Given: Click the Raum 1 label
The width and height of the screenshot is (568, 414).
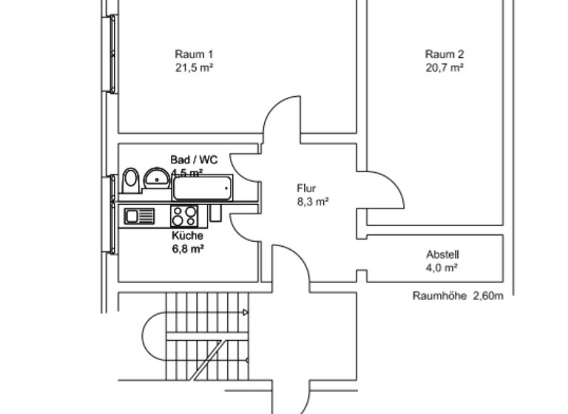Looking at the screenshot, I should pyautogui.click(x=194, y=54).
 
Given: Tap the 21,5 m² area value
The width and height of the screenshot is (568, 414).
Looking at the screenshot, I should pyautogui.click(x=194, y=67).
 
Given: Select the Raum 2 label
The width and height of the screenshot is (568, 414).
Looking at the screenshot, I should pyautogui.click(x=444, y=54).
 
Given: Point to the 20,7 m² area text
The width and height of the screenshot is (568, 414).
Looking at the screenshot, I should pyautogui.click(x=444, y=67).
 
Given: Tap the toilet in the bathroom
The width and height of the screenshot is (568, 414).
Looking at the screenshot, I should pyautogui.click(x=132, y=178).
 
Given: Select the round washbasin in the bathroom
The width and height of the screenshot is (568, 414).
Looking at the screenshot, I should pyautogui.click(x=155, y=177).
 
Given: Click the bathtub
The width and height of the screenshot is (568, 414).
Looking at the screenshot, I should pyautogui.click(x=202, y=188).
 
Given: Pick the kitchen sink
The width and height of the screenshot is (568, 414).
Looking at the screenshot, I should pyautogui.click(x=139, y=216).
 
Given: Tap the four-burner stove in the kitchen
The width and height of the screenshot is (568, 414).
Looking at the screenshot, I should pyautogui.click(x=184, y=216).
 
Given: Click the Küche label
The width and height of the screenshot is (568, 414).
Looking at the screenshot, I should pyautogui.click(x=187, y=236).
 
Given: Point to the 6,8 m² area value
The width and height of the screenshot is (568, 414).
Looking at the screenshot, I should pyautogui.click(x=188, y=249).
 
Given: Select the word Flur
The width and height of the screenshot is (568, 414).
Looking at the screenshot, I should pyautogui.click(x=305, y=188).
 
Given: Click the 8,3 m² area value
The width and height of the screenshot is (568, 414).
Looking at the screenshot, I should pyautogui.click(x=312, y=201).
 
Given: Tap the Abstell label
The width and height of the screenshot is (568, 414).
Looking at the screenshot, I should pyautogui.click(x=442, y=254).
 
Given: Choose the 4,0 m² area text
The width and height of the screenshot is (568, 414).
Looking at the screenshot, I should pyautogui.click(x=442, y=267).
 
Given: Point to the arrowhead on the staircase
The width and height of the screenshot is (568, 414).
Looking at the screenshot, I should pyautogui.click(x=245, y=313).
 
